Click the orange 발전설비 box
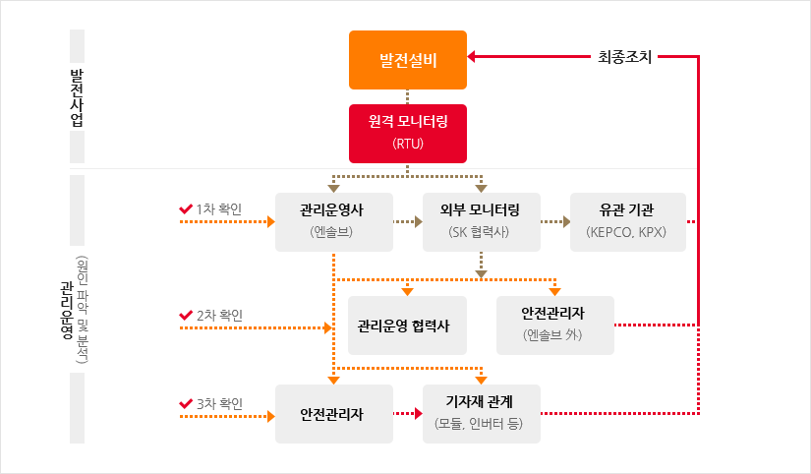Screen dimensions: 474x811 [408, 60]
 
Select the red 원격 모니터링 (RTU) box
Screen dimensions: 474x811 [408, 133]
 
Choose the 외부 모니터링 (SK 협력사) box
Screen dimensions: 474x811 [481, 221]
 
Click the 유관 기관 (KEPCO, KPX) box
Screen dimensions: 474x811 [627, 221]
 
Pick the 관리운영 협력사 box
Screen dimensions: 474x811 [407, 325]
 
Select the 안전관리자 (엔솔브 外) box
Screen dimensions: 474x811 [554, 325]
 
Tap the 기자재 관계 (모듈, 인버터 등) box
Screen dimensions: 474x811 [481, 413]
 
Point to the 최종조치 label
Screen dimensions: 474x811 [625, 57]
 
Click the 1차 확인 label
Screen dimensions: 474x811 [219, 208]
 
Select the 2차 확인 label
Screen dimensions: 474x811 [219, 315]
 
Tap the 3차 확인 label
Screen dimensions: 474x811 [219, 403]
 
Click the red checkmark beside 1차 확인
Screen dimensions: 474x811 [186, 208]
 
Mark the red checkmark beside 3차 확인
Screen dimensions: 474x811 [186, 403]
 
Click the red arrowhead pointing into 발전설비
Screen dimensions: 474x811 [473, 57]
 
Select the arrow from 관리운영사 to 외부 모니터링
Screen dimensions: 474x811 [407, 222]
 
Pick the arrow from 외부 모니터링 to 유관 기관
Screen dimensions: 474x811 [554, 222]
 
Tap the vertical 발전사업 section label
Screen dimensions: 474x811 [77, 96]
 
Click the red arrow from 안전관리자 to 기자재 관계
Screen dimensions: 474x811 [407, 414]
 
